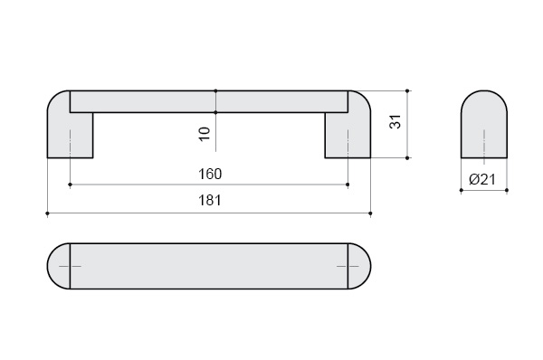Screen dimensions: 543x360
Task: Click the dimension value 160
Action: (x=210, y=174)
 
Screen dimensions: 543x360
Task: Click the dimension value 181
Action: (x=209, y=201)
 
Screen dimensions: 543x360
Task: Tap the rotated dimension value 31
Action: (x=395, y=121)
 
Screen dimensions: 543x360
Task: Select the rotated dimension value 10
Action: (x=205, y=134)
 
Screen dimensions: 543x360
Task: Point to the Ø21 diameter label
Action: (x=482, y=179)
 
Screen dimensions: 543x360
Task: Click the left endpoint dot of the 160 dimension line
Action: (x=70, y=185)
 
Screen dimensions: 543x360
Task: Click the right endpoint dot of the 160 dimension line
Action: (x=348, y=185)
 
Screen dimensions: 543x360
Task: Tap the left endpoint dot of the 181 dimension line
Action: (x=47, y=213)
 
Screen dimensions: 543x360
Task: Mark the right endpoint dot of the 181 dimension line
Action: (x=370, y=213)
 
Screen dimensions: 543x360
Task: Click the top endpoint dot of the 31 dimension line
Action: (x=407, y=91)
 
